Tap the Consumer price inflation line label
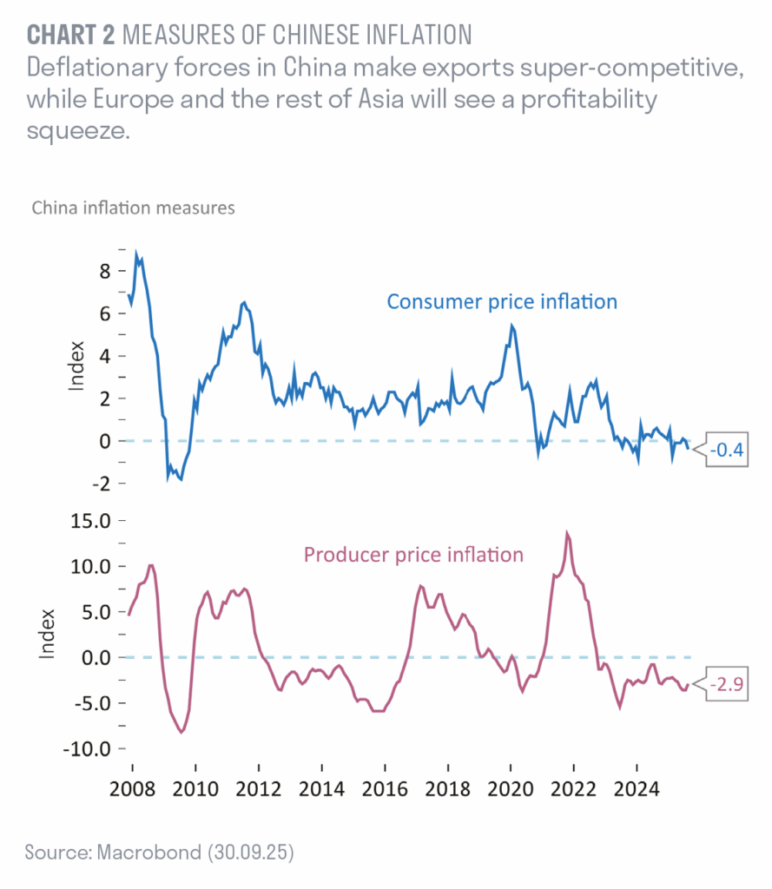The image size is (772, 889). pyautogui.click(x=502, y=302)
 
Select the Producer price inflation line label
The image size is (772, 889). pyautogui.click(x=413, y=554)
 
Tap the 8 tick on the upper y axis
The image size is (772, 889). pyautogui.click(x=104, y=271)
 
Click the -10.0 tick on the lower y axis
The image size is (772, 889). pyautogui.click(x=86, y=748)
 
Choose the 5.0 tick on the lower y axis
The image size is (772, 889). pyautogui.click(x=94, y=612)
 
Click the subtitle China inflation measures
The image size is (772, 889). pyautogui.click(x=133, y=208)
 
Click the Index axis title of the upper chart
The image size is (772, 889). pyautogui.click(x=76, y=368)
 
